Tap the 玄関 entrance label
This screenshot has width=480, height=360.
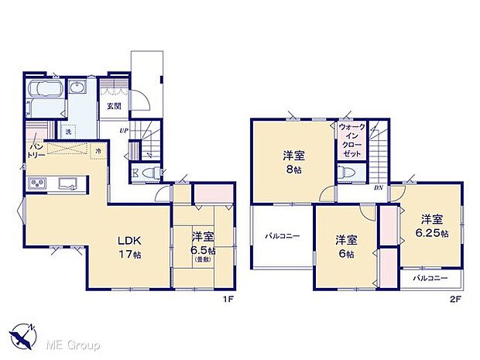click(114, 106)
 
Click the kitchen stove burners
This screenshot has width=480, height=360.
click(38, 183)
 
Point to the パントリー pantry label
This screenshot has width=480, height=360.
click(36, 149)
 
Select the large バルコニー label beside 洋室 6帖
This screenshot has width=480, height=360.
click(282, 235)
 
